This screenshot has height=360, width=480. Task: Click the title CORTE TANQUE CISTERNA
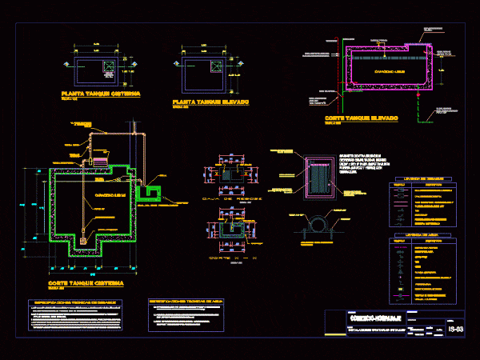tap(85, 284)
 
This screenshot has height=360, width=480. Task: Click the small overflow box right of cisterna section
tap(150, 192)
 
